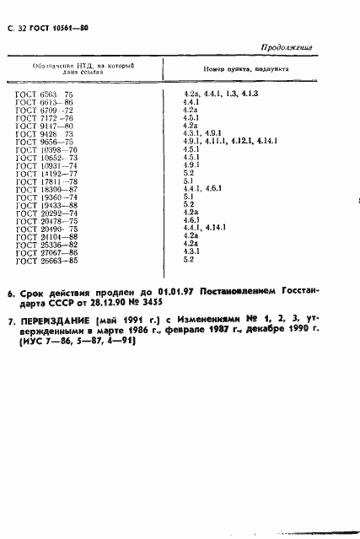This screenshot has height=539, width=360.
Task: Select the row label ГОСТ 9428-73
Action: tap(47, 132)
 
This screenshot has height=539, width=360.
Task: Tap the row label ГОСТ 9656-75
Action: tap(47, 141)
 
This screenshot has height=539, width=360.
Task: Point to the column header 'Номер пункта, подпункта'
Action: tap(245, 70)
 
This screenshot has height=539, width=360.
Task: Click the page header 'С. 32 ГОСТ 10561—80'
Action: tap(53, 28)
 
